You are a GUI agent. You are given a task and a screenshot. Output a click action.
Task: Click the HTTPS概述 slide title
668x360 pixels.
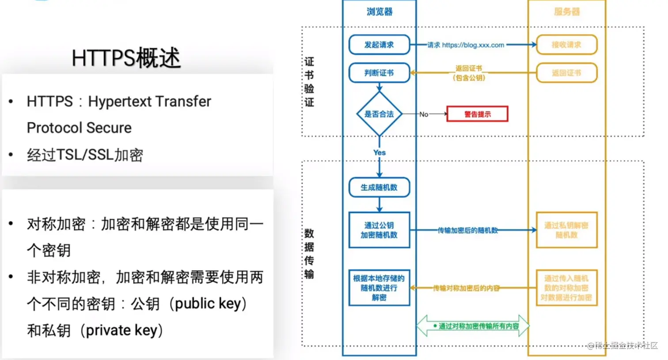126,58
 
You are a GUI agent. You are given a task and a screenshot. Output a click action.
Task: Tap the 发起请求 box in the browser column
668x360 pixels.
379,45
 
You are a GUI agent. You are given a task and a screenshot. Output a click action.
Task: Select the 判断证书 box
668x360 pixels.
379,73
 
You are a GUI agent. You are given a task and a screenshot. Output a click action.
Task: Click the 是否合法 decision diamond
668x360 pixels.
379,114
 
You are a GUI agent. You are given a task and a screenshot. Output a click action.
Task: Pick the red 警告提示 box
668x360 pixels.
477,114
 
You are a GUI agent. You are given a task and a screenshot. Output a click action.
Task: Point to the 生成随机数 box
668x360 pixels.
379,187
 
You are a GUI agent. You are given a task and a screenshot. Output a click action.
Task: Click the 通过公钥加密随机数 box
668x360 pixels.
379,230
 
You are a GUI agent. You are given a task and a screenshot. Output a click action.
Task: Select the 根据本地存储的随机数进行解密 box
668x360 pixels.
379,288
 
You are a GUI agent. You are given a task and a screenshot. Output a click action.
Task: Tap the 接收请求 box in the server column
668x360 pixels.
566,45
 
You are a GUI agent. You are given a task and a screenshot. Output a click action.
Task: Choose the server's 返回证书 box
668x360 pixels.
566,73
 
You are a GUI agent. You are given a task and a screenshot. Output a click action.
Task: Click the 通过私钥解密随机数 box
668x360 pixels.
566,230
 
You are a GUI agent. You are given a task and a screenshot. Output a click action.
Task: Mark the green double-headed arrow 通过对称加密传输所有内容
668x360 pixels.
473,326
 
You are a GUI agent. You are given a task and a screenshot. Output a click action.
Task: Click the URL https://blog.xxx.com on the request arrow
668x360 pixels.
473,45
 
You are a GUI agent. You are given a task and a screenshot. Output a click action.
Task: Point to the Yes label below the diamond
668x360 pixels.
379,152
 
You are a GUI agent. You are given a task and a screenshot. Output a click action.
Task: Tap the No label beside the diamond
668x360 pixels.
424,114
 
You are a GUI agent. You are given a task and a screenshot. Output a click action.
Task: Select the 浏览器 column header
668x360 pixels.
379,12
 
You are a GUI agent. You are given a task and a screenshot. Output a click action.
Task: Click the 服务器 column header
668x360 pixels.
566,12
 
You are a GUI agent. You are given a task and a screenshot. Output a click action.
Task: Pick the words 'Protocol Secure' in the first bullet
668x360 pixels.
79,128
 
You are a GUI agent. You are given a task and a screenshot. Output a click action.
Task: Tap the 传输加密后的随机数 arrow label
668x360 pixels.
467,230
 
